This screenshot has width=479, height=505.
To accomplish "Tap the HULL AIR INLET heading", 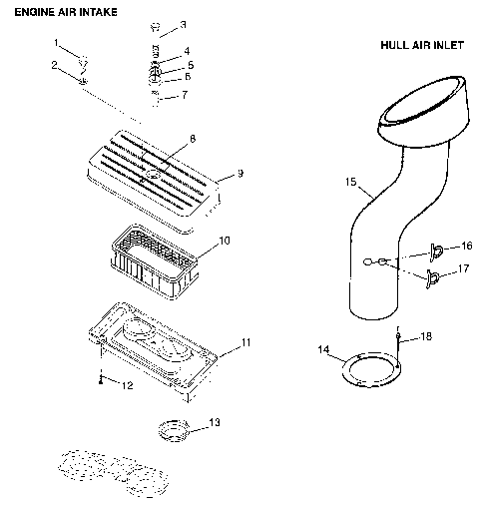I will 422,46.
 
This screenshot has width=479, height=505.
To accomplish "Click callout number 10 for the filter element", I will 226,241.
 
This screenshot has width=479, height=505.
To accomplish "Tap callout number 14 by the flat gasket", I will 322,349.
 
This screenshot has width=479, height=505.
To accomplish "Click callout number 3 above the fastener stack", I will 183,24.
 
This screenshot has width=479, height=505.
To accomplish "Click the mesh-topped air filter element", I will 156,261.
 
